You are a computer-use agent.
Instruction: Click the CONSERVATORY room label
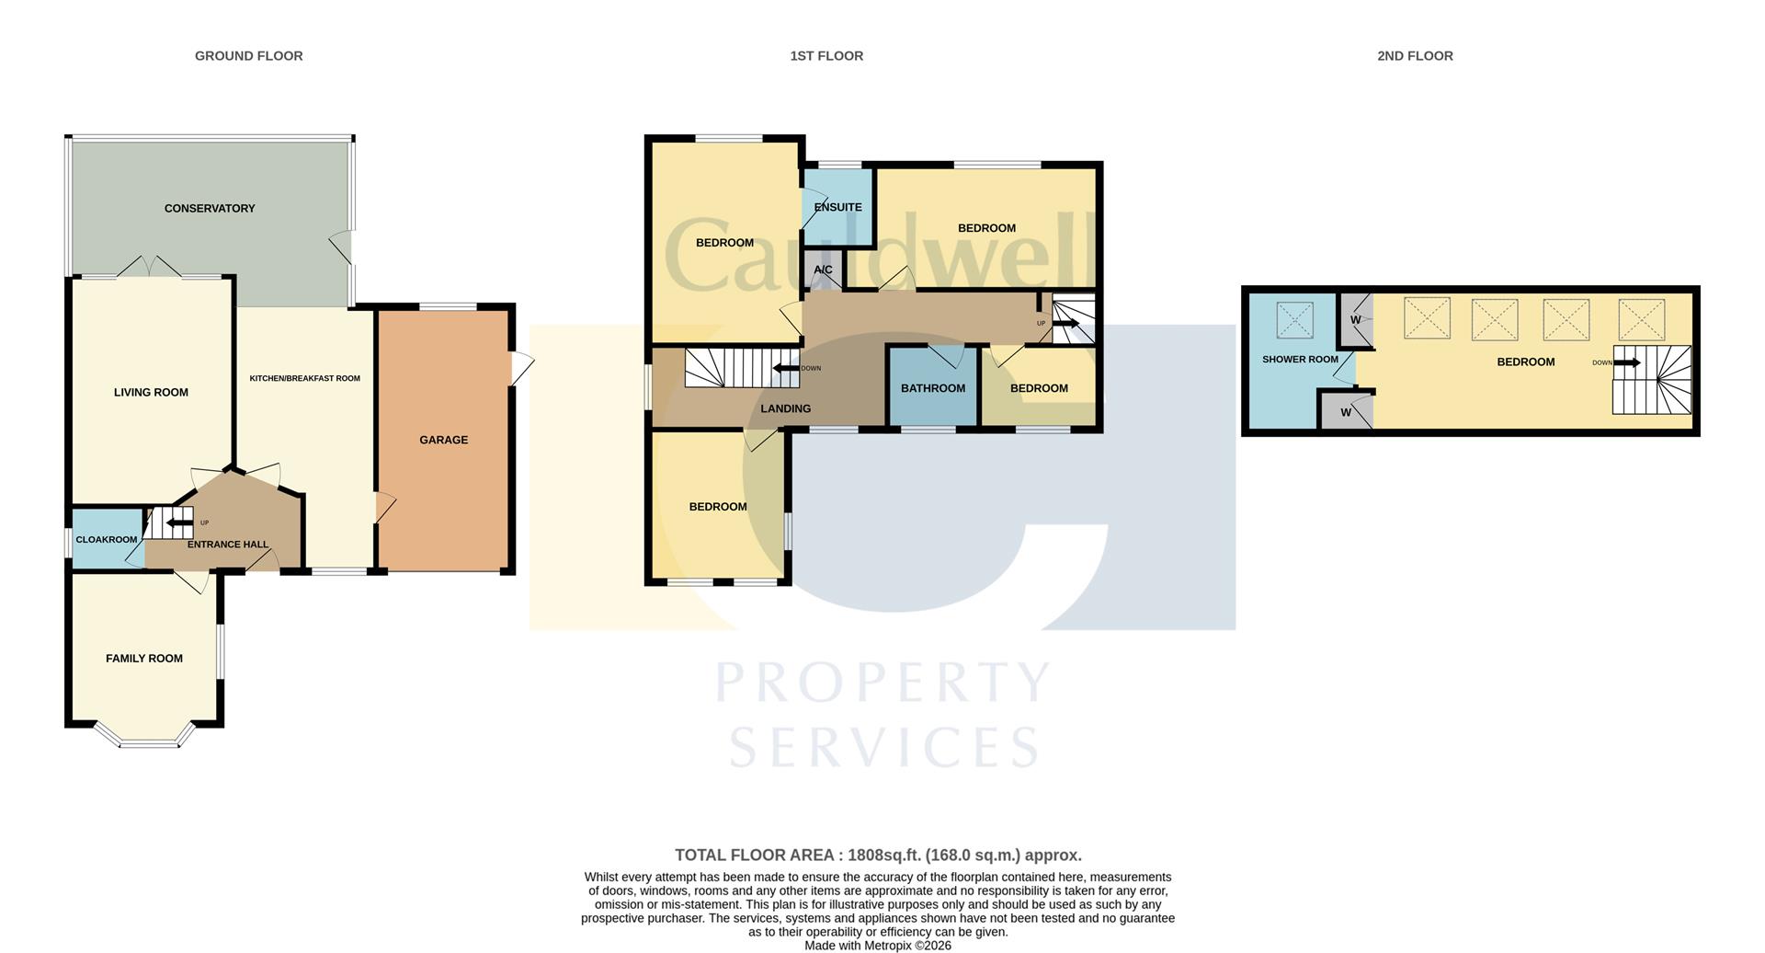[x=210, y=209]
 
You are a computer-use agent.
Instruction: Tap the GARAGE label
[x=444, y=441]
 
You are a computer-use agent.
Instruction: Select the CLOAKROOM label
[x=107, y=540]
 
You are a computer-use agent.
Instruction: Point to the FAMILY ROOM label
[x=144, y=659]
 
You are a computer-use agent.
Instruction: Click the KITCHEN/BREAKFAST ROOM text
[x=305, y=379]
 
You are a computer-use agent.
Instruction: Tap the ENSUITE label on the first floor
[x=837, y=208]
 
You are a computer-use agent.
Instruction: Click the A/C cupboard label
[x=823, y=270]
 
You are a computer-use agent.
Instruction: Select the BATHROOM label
[x=933, y=389]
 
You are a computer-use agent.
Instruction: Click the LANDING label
[x=786, y=409]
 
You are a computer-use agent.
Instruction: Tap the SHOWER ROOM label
[x=1300, y=360]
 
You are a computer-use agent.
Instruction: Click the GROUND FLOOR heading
[x=248, y=56]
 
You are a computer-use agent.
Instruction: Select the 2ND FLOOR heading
[x=1415, y=56]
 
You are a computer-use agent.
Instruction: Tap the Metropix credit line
[x=878, y=946]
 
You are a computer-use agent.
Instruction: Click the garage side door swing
[x=521, y=370]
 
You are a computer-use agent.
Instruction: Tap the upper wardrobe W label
[x=1355, y=320]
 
